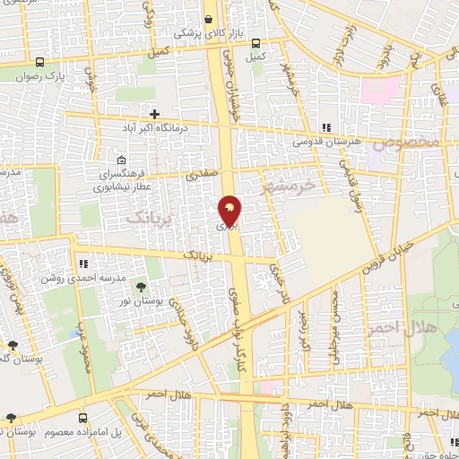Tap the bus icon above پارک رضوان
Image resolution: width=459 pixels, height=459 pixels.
pos(40,63)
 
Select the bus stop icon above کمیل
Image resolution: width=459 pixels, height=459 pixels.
pos(256,43)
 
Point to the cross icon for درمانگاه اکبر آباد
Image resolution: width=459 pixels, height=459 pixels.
pos(155,115)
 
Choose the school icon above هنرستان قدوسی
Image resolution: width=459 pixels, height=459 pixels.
pos(326,128)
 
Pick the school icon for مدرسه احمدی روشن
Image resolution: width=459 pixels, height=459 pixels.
pos(83,264)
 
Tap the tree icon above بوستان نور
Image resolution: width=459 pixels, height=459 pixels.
pos(142,288)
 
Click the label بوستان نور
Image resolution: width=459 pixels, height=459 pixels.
pos(142,303)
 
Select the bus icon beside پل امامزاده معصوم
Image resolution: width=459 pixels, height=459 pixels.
pos(83,418)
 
